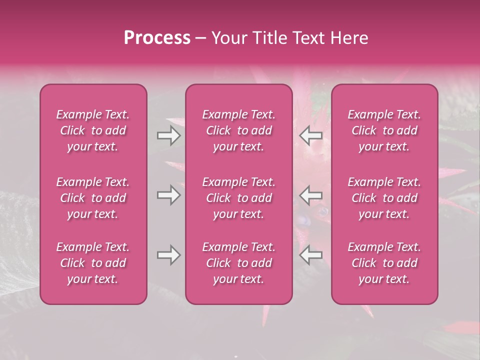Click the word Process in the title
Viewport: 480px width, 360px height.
tap(157, 38)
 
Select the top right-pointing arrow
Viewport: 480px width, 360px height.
tap(169, 135)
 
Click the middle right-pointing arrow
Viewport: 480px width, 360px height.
tap(169, 194)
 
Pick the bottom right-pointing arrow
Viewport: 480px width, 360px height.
tap(169, 255)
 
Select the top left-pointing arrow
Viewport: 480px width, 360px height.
tap(311, 135)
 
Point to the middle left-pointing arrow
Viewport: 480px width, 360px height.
tap(311, 194)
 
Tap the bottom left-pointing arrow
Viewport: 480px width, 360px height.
tap(311, 255)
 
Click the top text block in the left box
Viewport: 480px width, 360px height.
tap(93, 130)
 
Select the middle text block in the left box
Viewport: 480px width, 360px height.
tap(93, 198)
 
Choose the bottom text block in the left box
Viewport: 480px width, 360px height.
tap(93, 263)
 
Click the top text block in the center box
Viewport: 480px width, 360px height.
tap(239, 130)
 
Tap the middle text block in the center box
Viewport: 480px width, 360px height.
tap(239, 198)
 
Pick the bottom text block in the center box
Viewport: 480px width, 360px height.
tap(239, 263)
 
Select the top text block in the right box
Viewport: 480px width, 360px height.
tap(384, 130)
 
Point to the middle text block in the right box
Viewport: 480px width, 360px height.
tap(384, 198)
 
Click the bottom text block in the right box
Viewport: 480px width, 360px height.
tap(384, 263)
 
